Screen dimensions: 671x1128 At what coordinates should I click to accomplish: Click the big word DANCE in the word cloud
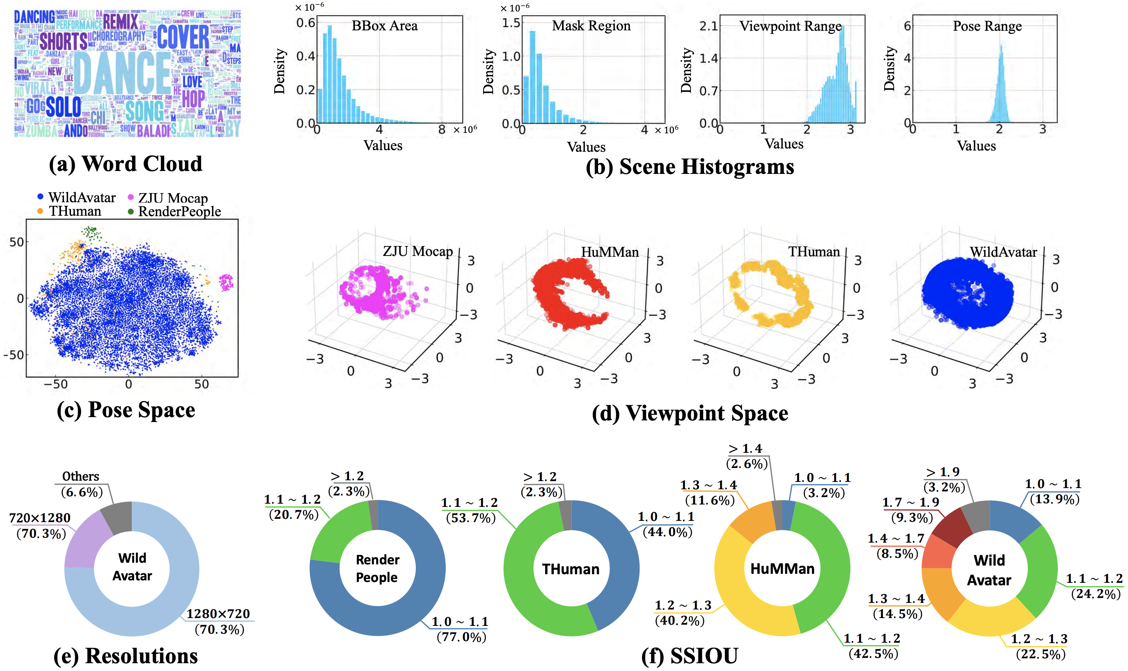pos(122,72)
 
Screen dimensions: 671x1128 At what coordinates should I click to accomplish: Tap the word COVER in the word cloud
pos(183,37)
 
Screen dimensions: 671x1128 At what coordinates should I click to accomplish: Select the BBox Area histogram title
pos(384,26)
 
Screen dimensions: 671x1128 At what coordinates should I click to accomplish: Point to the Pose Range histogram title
pos(987,26)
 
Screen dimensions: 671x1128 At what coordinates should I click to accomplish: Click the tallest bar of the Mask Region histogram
pos(532,77)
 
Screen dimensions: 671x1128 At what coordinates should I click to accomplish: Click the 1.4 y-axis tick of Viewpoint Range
pos(708,58)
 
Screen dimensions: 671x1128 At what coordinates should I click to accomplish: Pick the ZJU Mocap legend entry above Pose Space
pos(172,198)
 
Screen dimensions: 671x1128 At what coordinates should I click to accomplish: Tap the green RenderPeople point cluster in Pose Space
pos(92,233)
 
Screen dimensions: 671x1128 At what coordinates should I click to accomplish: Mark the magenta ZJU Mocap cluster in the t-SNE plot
pos(226,282)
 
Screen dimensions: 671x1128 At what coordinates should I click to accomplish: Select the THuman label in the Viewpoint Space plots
pos(814,252)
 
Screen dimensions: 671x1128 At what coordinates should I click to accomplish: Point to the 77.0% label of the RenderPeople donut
pos(461,637)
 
